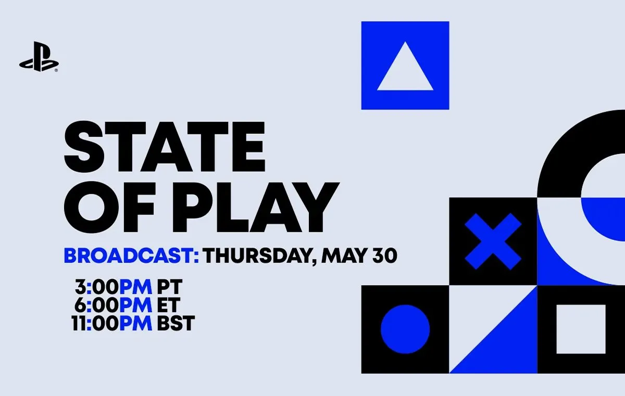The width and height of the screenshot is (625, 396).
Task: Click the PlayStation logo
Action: click(39, 56)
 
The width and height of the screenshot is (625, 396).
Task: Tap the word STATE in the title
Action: click(165, 146)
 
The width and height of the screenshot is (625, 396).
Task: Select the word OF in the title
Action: click(109, 207)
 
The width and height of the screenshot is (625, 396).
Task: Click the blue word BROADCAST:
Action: click(131, 255)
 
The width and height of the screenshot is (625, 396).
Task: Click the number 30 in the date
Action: click(385, 255)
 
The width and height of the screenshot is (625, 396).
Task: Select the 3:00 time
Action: click(97, 287)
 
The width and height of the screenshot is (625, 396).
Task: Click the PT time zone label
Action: click(170, 287)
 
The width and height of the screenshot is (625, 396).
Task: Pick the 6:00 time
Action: click(96, 305)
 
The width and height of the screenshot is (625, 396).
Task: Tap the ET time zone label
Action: click(168, 305)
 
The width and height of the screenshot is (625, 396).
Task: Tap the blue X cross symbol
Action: click(493, 241)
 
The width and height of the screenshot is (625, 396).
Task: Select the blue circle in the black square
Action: click(405, 329)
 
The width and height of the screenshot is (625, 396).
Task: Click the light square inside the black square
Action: click(581, 329)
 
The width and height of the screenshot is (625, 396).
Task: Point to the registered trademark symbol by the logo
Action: click(56, 70)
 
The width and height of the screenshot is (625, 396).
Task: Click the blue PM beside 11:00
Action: click(136, 323)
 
